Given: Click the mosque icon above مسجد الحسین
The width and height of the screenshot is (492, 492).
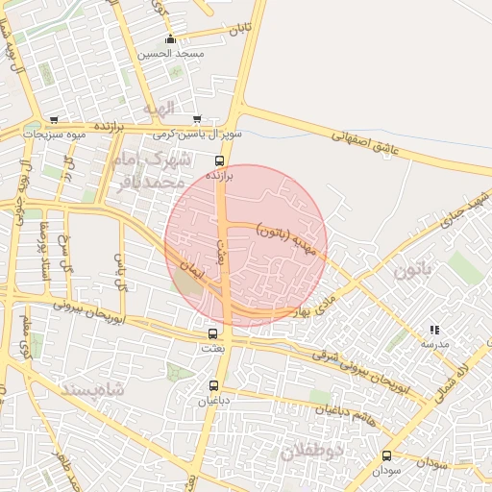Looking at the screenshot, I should point(171,39).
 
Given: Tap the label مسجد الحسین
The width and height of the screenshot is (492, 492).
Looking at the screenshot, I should point(171,54).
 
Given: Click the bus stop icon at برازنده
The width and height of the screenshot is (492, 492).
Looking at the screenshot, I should point(220,160).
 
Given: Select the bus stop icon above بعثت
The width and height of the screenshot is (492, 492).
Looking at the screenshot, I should point(213,333).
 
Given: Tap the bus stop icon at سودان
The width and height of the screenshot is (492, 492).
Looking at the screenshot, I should point(387,456).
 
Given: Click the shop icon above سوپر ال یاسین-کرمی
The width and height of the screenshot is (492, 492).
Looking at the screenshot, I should point(197,120).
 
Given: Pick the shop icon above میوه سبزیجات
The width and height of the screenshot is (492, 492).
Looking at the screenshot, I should point(54,120).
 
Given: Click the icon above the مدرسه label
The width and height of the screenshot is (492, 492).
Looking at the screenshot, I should point(433,330).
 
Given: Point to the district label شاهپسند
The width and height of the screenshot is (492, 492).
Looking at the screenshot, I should point(92,389).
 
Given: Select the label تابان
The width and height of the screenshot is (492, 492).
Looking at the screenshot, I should point(239,31).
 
